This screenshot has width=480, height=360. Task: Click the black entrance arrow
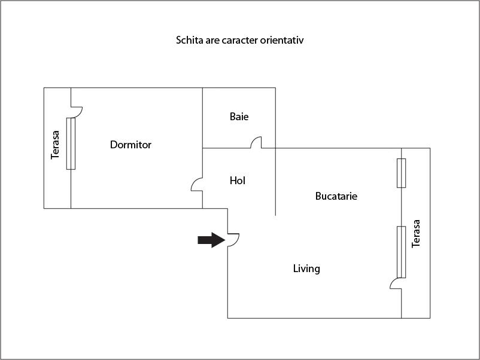tap(210, 240)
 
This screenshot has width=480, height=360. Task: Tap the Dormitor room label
tap(130, 145)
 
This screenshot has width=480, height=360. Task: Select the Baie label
tap(239, 117)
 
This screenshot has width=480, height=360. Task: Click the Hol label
tap(238, 181)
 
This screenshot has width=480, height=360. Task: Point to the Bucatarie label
tap(336, 196)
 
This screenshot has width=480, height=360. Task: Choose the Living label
tap(306, 269)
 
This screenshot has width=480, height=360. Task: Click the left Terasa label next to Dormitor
tap(56, 144)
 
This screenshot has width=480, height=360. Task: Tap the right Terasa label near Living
tap(417, 234)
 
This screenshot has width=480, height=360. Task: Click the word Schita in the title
tap(189, 41)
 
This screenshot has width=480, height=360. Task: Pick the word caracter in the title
tap(241, 41)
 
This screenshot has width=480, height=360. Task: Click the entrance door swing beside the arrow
tap(233, 239)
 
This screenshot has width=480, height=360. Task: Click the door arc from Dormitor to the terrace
tap(77, 111)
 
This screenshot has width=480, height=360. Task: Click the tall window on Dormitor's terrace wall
tap(71, 144)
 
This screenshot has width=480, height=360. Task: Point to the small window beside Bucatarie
tap(401, 173)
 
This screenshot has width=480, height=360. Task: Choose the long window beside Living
tap(401, 252)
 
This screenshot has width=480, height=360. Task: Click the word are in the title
tap(212, 41)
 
